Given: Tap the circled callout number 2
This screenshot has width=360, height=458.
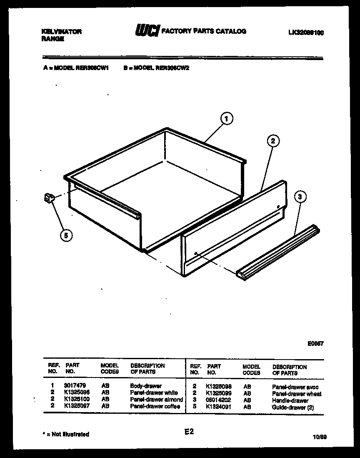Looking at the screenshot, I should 272,141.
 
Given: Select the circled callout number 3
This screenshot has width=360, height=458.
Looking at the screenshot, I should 300,197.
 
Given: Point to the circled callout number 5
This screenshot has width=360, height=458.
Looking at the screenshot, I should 65,236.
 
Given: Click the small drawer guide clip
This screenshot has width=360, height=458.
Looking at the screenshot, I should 49,199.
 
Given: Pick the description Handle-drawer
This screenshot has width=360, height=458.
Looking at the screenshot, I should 290,400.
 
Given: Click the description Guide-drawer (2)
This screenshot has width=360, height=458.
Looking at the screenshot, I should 293,407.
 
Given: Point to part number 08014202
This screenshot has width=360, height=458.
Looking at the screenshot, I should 219,400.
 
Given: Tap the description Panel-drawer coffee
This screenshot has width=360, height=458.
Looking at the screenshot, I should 155,406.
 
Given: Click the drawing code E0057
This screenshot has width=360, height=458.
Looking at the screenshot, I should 315,344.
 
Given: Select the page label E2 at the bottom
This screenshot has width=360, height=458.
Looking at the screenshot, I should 189,432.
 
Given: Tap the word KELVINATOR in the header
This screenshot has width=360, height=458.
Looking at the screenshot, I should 62,32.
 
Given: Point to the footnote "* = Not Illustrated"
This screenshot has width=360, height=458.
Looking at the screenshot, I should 66,434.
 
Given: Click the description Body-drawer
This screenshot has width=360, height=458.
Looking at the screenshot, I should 146,386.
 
